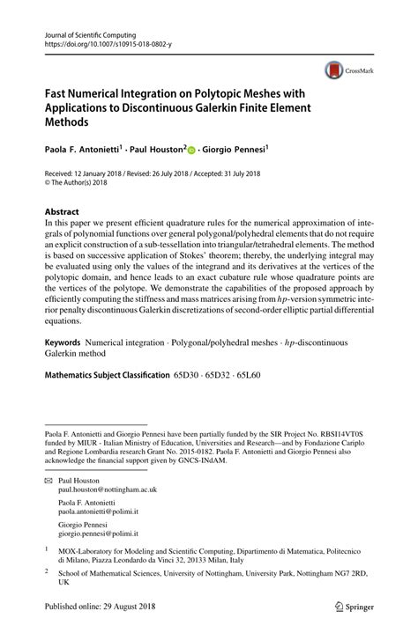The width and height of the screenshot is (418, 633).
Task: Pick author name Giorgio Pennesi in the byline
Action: coord(235,151)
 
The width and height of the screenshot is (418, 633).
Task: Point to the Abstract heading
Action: coord(62,212)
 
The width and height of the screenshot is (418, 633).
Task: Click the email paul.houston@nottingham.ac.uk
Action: coord(107,492)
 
